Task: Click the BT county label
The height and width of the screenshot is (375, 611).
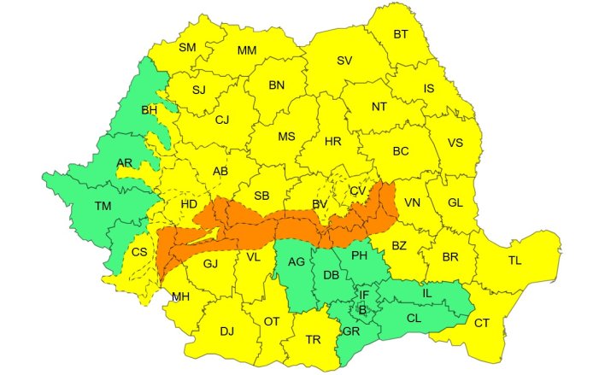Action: point(401,34)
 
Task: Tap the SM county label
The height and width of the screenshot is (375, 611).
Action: point(187,48)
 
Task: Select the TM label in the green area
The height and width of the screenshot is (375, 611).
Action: point(103,206)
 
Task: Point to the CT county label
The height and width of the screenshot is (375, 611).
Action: point(482,322)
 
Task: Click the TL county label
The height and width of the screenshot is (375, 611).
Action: point(515,261)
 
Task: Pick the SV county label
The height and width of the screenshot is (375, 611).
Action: point(344,61)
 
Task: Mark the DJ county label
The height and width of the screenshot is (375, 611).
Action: point(226,331)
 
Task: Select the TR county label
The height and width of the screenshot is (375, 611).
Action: point(313,339)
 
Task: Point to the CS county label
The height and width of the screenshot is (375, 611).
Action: point(139,252)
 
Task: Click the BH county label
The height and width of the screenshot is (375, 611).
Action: point(150,110)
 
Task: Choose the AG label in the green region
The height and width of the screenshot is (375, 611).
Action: point(297,261)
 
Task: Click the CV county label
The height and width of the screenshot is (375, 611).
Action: point(358,190)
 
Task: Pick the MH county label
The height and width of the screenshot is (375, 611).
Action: point(180,296)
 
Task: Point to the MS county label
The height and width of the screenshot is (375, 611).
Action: point(286,137)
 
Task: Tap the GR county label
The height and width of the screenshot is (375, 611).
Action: point(350,331)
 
